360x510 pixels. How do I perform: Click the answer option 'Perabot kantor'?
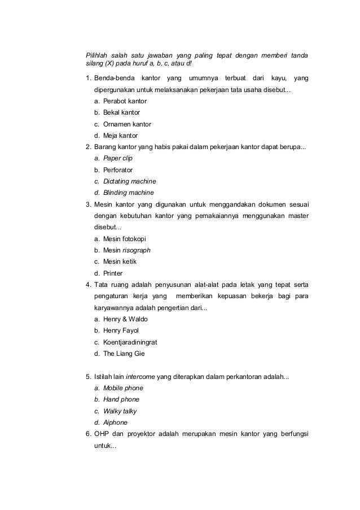pyautogui.click(x=125, y=101)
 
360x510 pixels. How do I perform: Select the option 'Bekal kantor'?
pyautogui.click(x=121, y=112)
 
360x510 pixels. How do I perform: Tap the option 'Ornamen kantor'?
pyautogui.click(x=127, y=124)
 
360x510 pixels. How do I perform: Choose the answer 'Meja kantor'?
pyautogui.click(x=120, y=136)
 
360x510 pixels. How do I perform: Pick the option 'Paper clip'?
pyautogui.click(x=117, y=159)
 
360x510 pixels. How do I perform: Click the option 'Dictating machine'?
pyautogui.click(x=129, y=181)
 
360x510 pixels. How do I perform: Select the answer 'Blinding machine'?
pyautogui.click(x=128, y=193)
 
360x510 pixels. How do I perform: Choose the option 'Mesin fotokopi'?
pyautogui.click(x=125, y=239)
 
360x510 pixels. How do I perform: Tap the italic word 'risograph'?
pyautogui.click(x=137, y=250)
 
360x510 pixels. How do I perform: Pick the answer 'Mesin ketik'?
pyautogui.click(x=120, y=261)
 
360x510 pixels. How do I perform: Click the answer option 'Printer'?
pyautogui.click(x=113, y=273)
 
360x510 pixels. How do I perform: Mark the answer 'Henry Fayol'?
pyautogui.click(x=121, y=330)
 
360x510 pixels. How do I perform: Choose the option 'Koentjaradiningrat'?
pyautogui.click(x=130, y=342)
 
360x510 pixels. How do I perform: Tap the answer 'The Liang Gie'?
pyautogui.click(x=124, y=354)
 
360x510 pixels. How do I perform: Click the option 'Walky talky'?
pyautogui.click(x=120, y=411)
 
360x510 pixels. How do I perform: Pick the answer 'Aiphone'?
pyautogui.click(x=115, y=422)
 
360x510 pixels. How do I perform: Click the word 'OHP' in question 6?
pyautogui.click(x=102, y=434)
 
